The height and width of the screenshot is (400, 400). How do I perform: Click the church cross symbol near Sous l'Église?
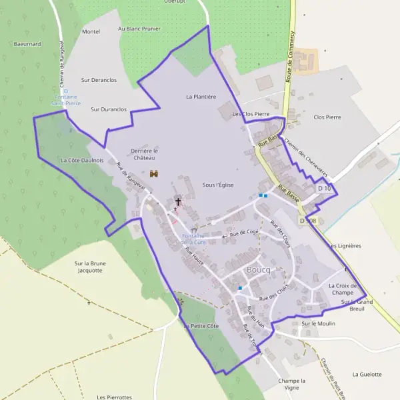point(178,201)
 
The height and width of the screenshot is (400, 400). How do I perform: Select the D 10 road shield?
point(324,189)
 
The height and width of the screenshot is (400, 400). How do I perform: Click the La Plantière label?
point(201,97)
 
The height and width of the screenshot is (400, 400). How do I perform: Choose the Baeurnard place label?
point(27,44)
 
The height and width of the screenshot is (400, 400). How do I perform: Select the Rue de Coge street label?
point(244,233)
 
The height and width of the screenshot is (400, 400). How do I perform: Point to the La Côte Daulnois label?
point(82,161)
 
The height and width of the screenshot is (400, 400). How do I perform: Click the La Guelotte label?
point(367,375)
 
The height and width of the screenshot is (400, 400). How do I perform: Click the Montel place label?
point(91,31)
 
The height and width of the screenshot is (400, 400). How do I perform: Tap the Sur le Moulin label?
point(318,324)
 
